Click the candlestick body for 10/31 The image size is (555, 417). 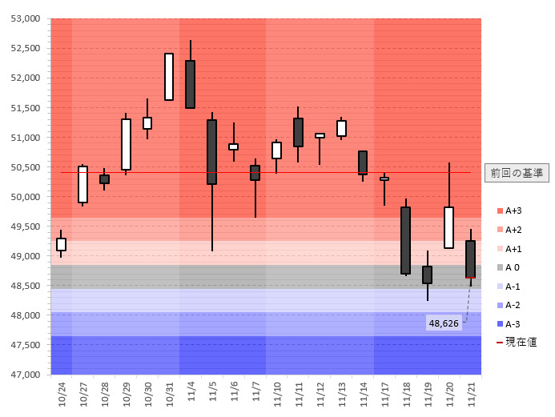[169, 77]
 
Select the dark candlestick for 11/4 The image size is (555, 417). [191, 84]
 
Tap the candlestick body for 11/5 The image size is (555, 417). [212, 152]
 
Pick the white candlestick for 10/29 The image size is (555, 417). [126, 144]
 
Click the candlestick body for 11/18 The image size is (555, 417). [406, 240]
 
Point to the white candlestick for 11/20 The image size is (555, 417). [449, 227]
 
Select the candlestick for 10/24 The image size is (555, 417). [61, 244]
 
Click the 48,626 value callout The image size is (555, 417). [444, 323]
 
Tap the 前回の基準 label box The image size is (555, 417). [517, 173]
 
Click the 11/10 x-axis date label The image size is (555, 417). [277, 394]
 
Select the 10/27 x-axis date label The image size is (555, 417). [83, 394]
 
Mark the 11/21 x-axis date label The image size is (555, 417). [471, 394]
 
